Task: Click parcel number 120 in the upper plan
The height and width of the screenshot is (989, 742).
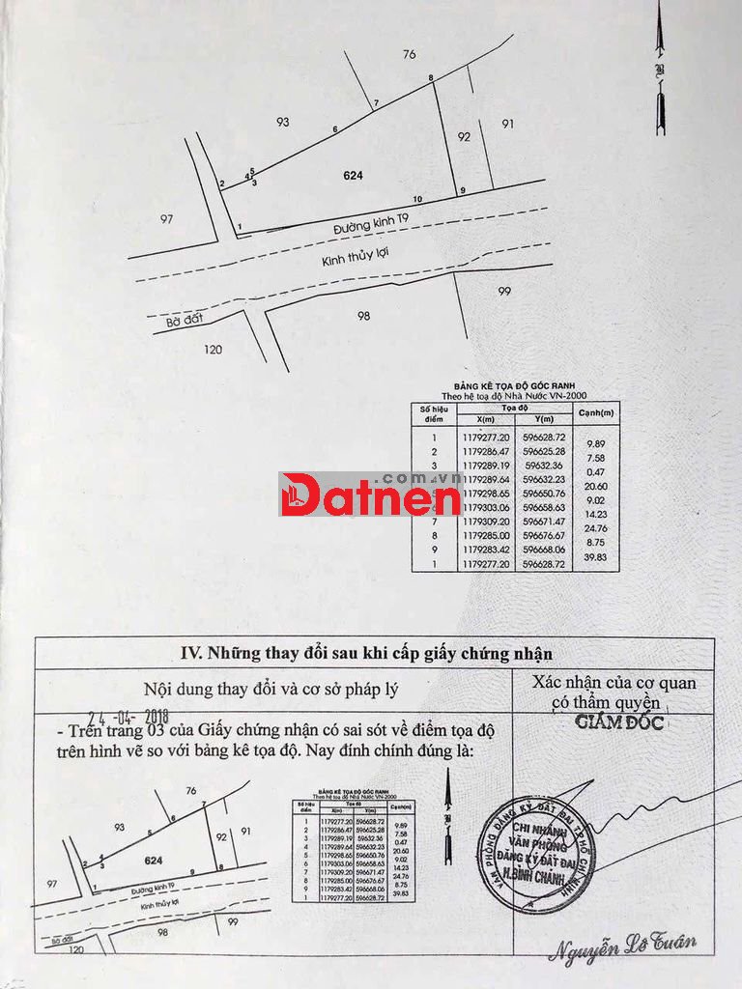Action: (x=214, y=350)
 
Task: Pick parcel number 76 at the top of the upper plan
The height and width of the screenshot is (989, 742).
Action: (x=409, y=55)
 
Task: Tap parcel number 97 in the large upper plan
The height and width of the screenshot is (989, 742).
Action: (x=166, y=219)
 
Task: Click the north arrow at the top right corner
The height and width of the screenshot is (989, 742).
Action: (x=660, y=68)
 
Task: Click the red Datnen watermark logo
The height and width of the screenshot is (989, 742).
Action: (x=371, y=494)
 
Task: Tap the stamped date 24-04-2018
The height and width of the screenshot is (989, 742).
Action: (x=128, y=717)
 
